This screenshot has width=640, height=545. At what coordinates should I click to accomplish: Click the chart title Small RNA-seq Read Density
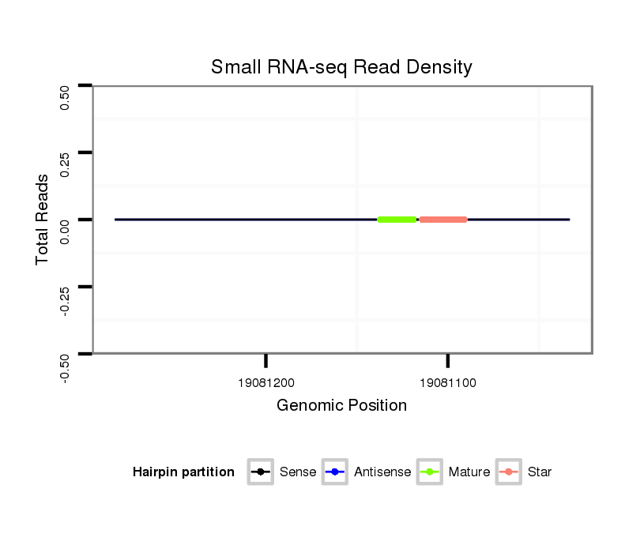(341, 67)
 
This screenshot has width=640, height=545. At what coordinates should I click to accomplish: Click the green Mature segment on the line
(397, 220)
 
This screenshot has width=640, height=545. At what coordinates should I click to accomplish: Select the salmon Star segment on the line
(443, 220)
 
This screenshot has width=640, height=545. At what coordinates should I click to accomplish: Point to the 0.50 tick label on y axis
(66, 98)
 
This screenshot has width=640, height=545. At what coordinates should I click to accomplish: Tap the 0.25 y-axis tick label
(66, 164)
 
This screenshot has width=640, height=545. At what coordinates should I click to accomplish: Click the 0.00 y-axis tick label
(66, 231)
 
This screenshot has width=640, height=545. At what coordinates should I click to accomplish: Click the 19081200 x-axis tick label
(266, 383)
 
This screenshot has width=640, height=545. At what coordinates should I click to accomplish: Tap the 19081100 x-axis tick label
(448, 383)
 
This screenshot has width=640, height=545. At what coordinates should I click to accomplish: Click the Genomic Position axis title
(341, 406)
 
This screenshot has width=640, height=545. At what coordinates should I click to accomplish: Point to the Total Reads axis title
(43, 220)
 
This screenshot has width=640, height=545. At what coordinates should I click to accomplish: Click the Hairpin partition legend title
(183, 472)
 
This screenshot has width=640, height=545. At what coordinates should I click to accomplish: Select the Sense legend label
(298, 472)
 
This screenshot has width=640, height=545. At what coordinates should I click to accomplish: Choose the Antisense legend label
(382, 472)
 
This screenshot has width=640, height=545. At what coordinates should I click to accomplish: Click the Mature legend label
(469, 472)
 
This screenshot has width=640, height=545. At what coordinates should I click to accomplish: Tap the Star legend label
(540, 472)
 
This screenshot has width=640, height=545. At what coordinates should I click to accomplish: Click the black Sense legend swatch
(261, 472)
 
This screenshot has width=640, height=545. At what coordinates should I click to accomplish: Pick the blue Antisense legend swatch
(335, 472)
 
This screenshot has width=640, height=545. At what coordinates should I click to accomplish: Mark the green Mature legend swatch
(430, 472)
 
